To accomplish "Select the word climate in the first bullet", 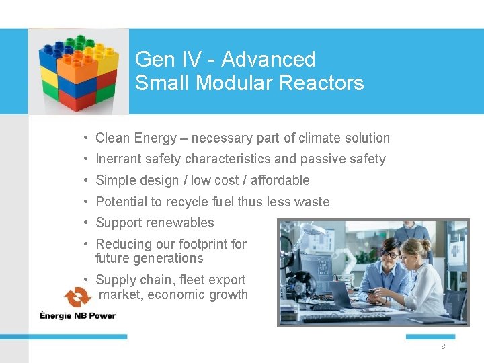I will (x=321, y=138).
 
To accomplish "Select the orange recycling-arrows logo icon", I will (x=78, y=298).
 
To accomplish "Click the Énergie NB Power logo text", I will (x=77, y=315).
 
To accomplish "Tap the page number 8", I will (x=443, y=346).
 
